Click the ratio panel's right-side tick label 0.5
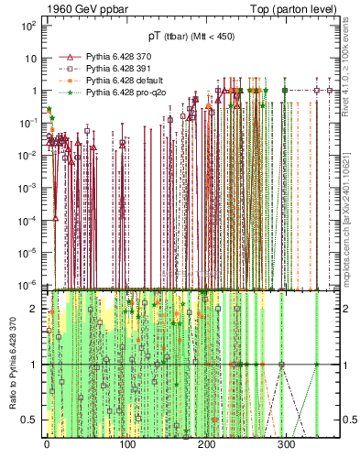(x=349, y=420)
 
